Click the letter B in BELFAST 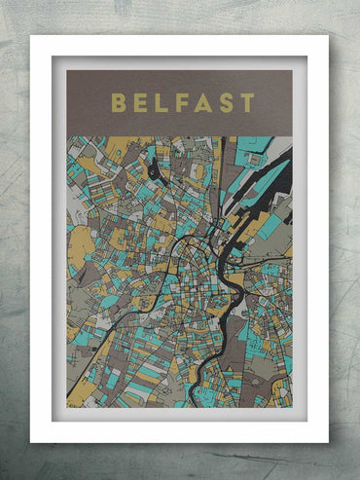coord(118,103)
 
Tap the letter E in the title coord(140,103)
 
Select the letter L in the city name coord(161,103)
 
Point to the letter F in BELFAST coord(181,103)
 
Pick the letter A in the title coord(202,103)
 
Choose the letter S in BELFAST coord(226,103)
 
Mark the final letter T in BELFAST coord(247,103)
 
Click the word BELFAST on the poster coord(182,103)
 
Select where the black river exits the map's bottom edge coord(192,401)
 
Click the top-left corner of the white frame coord(32,37)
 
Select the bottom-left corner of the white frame coord(32,441)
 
